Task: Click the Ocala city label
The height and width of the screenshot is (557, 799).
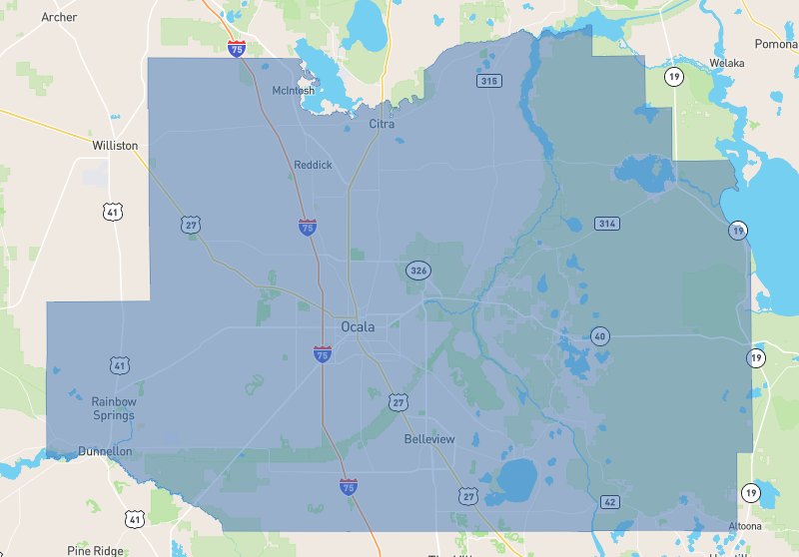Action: coord(358,326)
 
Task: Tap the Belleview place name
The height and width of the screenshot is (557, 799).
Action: coord(429,439)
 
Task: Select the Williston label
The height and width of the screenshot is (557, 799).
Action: coord(115,145)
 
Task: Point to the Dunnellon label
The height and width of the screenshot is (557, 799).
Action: coord(105,451)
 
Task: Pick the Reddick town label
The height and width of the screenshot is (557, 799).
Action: coord(313,165)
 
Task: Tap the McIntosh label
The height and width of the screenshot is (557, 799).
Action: coord(293,91)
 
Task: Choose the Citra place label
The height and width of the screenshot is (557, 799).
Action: coord(382,124)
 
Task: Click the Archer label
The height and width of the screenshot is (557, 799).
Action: coord(59,17)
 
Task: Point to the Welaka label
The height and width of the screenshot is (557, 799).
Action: coord(727,63)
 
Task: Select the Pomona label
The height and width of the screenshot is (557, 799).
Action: coord(775,44)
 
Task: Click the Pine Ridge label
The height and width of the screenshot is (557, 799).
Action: coord(95,550)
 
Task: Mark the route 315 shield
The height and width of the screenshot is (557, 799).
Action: coord(488,81)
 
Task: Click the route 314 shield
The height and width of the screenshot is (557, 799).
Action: coord(607,223)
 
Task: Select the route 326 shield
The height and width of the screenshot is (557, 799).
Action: coord(418,271)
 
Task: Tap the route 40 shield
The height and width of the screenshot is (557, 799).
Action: coord(599,335)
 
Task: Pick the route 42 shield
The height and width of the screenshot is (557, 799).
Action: coord(608,500)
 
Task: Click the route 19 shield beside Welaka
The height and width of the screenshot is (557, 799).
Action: coord(676,76)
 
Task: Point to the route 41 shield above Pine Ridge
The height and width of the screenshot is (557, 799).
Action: coord(135,518)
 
